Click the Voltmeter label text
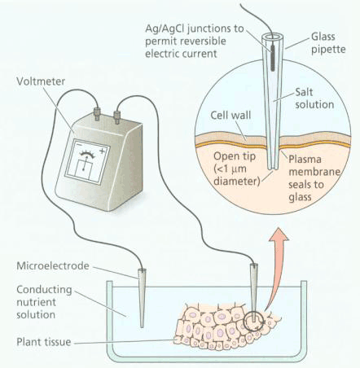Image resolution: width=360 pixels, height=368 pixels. coord(41,81)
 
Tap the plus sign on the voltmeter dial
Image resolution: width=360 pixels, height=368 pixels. coord(103,151)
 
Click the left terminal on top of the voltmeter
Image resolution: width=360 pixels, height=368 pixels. coord(96,113)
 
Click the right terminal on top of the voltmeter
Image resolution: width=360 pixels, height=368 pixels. coord(117,116)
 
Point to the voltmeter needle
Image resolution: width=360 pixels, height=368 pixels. coord(86,162)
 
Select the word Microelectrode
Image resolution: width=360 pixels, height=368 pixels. coord(53,265)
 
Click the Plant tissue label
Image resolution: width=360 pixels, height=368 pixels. coord(44,342)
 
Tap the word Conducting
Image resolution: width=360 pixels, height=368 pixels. coord(44,290)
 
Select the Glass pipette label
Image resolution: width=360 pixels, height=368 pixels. coord(328,43)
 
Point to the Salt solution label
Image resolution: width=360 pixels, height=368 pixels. coord(314,99)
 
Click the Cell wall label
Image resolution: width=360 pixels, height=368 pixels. coord(230,115)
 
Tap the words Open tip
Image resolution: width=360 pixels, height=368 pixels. coord(235,156)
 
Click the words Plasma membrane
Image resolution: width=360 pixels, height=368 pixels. coord(314,165)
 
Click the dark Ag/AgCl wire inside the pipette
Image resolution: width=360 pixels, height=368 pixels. coord(273,58)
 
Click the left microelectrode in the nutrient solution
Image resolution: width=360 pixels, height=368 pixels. coord(142,298)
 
